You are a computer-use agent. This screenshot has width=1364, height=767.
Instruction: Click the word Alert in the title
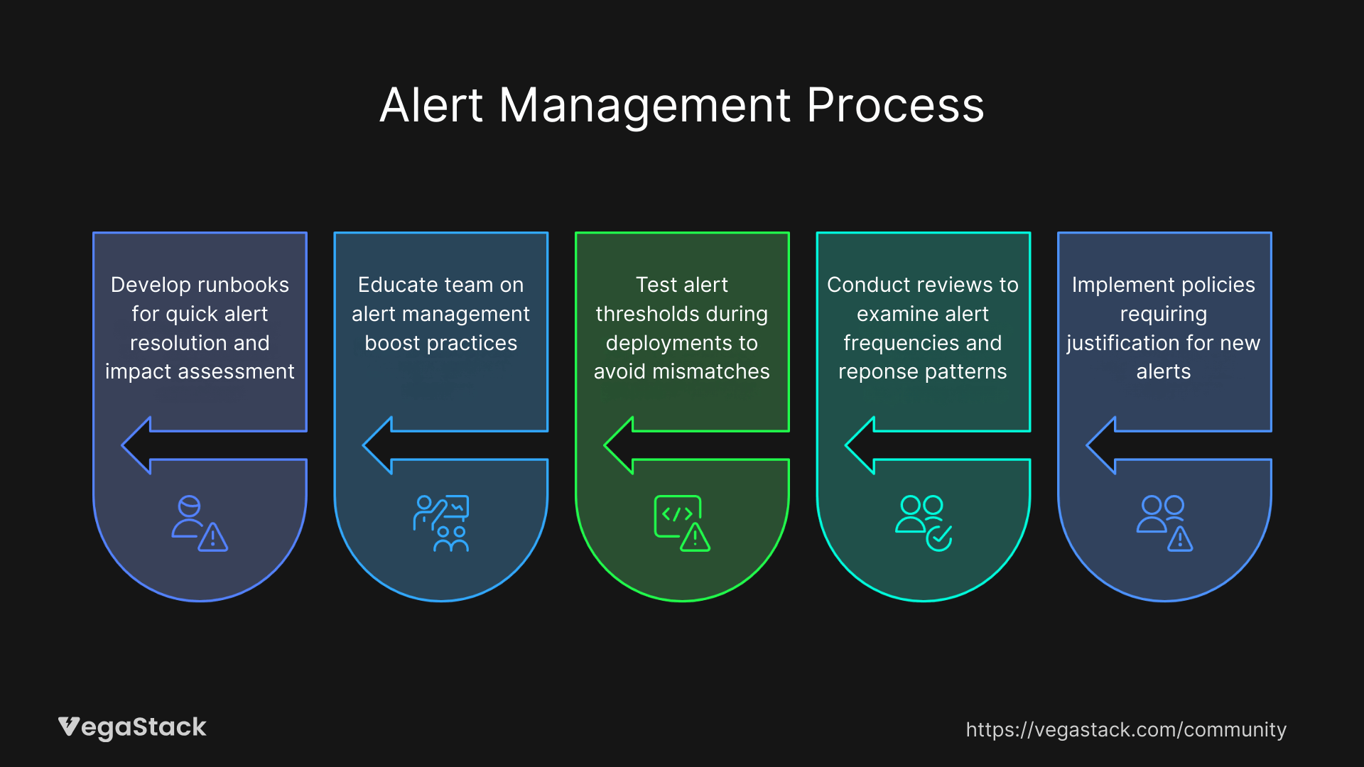431,106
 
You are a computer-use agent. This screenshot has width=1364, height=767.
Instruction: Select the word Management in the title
645,106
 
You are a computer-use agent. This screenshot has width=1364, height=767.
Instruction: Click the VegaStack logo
132,727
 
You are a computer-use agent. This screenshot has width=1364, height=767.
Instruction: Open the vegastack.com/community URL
1126,729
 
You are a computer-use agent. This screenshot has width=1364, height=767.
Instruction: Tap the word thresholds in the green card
646,314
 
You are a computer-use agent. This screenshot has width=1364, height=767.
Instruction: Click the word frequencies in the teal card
887,343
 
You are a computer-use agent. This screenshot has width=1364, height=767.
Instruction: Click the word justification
1123,343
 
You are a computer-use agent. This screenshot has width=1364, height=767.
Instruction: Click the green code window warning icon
682,523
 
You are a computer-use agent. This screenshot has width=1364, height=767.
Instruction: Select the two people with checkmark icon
924,523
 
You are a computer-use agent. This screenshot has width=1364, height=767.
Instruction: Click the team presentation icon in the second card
441,523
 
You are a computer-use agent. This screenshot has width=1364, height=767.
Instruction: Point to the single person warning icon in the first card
200,523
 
